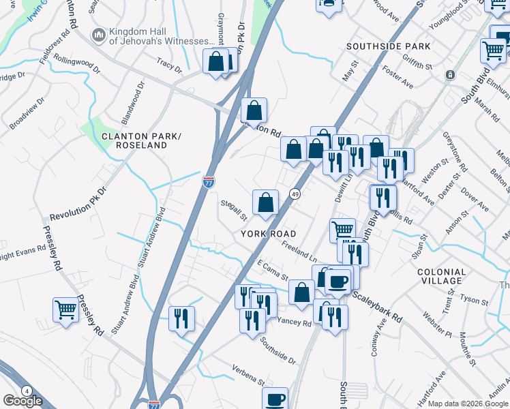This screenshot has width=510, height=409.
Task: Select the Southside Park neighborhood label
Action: pyautogui.click(x=388, y=46)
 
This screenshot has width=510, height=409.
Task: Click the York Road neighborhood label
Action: pyautogui.click(x=268, y=233)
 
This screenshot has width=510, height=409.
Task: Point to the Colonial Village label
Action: pyautogui.click(x=442, y=276)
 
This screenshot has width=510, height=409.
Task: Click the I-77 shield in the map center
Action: pyautogui.click(x=209, y=182)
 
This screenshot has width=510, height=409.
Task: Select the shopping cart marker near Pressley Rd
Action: pyautogui.click(x=65, y=310)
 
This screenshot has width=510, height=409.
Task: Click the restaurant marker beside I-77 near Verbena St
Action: pyautogui.click(x=181, y=318)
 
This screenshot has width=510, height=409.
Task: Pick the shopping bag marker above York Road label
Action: pyautogui.click(x=265, y=202)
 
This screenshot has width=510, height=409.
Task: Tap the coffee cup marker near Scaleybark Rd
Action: pyautogui.click(x=337, y=280)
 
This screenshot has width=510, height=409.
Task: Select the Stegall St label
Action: pyautogui.click(x=233, y=210)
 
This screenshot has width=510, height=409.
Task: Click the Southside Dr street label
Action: pyautogui.click(x=277, y=350)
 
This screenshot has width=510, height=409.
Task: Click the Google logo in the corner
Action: pyautogui.click(x=22, y=401)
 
